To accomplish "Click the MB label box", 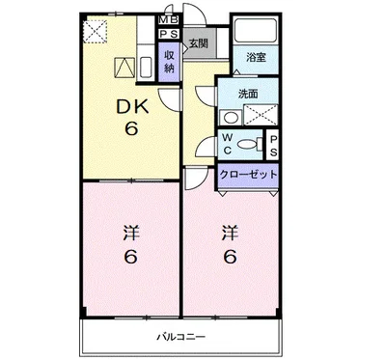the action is (x=168, y=20).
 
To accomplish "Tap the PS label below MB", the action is (x=168, y=34).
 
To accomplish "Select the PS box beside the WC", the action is (x=273, y=144).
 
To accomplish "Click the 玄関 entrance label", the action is (x=198, y=43).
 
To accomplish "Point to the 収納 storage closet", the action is (x=169, y=62).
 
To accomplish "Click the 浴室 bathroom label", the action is (x=256, y=58).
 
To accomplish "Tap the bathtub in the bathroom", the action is (x=256, y=30).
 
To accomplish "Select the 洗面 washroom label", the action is (x=248, y=94).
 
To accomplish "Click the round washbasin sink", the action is (x=231, y=118).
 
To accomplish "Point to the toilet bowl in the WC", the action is (x=247, y=144).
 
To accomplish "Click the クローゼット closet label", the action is (x=248, y=175).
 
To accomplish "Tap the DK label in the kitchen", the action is (x=132, y=106).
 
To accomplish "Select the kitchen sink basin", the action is (x=146, y=68).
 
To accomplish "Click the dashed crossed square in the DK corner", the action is (x=95, y=32).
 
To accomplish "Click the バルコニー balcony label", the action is (x=181, y=337).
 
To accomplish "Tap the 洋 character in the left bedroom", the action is (x=131, y=234).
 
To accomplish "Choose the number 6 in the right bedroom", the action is (x=231, y=257).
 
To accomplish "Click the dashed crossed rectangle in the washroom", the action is (x=261, y=115).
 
